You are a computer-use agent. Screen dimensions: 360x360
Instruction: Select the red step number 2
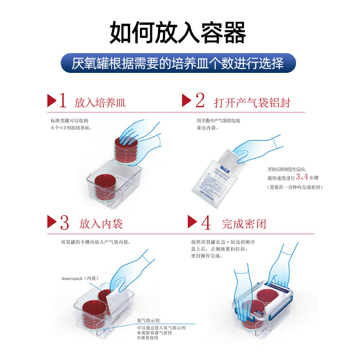point(200,100)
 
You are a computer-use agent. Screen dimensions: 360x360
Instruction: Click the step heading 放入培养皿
point(100,102)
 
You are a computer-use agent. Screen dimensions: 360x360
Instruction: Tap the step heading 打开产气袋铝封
point(252,102)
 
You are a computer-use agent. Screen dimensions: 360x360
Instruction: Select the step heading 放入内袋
point(101,224)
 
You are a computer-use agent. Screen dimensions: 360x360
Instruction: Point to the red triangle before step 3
point(51,222)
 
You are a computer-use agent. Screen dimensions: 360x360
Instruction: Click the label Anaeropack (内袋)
point(79,279)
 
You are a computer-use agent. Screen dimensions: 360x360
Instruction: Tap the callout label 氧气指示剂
point(149,321)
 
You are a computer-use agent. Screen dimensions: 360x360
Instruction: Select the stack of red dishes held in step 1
point(126,149)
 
